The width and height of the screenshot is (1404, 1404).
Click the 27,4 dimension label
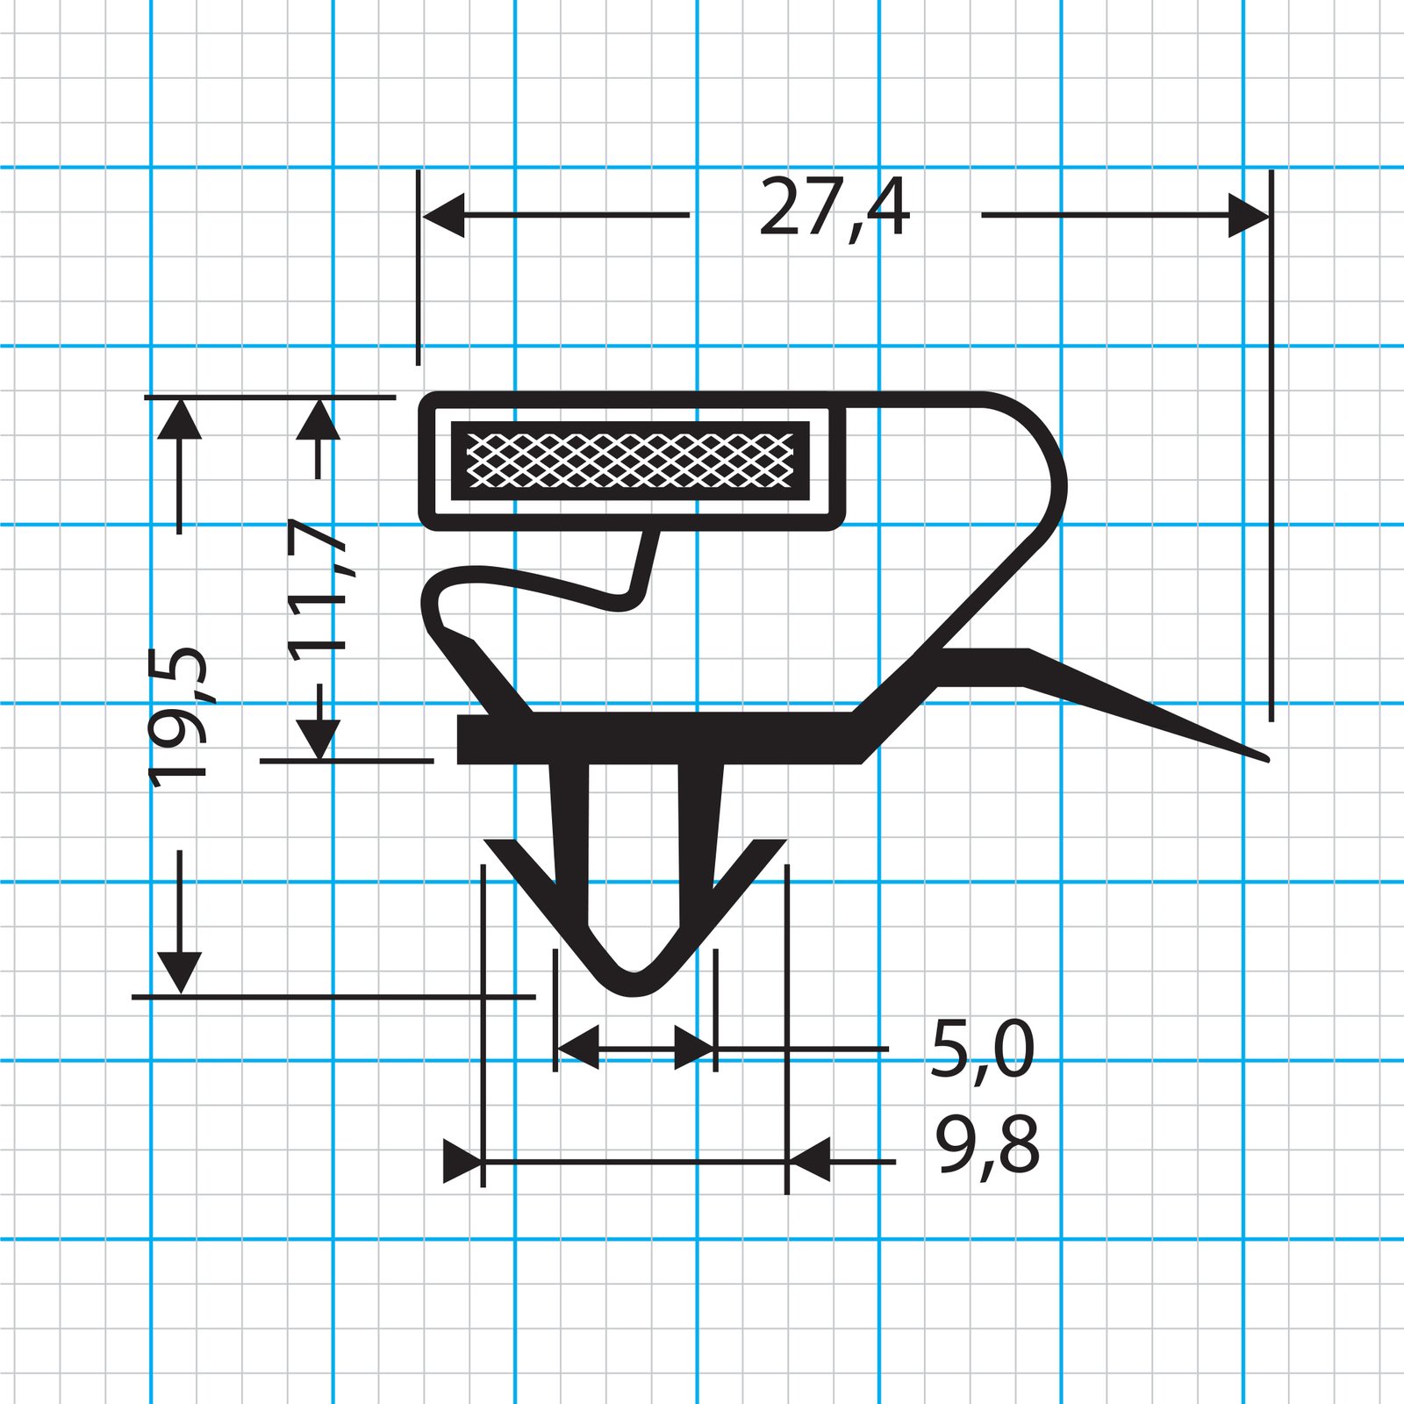(x=835, y=209)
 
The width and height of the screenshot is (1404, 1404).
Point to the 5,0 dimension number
(x=983, y=1049)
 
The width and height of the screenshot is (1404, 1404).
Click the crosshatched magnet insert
(x=630, y=461)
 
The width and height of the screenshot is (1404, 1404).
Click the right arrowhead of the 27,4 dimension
(x=1249, y=215)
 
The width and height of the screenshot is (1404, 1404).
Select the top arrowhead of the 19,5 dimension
(x=180, y=419)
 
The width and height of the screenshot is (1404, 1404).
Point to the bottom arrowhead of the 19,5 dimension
(x=180, y=973)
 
